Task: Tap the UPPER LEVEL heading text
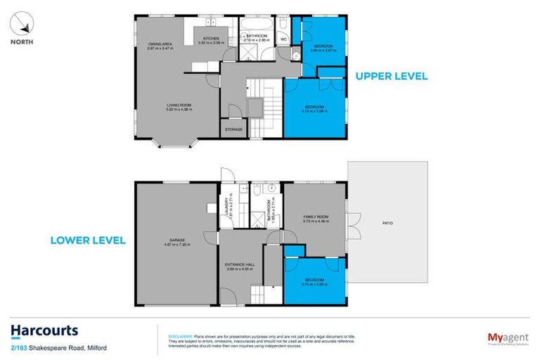[391, 76]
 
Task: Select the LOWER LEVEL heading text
[88, 240]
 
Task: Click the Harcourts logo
[44, 330]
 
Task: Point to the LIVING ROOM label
[179, 105]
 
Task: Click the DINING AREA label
[160, 44]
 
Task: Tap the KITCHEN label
[212, 39]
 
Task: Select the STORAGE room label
[233, 130]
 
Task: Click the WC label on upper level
[283, 39]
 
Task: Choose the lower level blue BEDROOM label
[314, 280]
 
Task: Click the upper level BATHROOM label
[256, 36]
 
